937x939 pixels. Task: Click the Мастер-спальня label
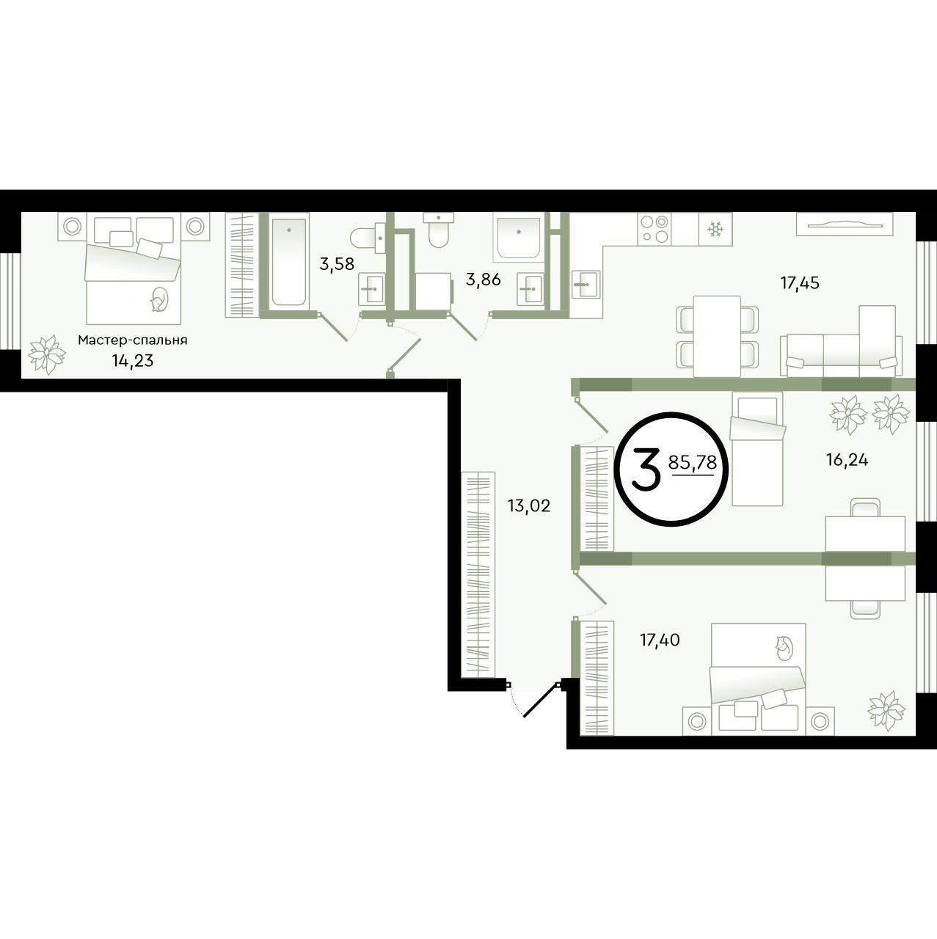point(133,340)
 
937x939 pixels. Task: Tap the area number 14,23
point(133,361)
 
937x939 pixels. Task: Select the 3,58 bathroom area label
point(337,264)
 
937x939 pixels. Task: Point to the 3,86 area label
point(483,279)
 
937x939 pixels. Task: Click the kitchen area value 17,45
point(800,282)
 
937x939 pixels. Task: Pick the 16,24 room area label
point(847,459)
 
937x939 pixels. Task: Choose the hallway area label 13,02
point(529,505)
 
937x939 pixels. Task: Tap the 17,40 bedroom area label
point(660,640)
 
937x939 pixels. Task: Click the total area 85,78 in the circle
point(692,462)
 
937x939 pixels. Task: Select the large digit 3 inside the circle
point(646,471)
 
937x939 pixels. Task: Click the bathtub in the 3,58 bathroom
point(290,262)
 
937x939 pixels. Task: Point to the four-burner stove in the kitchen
point(655,229)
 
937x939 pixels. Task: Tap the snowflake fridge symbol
point(715,229)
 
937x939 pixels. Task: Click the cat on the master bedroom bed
point(159,299)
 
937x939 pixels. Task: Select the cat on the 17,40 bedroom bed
point(784,648)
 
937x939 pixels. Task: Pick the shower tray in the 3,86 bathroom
point(518,237)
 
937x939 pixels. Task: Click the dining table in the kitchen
point(717,336)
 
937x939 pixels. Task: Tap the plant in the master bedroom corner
point(47,355)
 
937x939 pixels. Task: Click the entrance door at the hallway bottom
point(540,701)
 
